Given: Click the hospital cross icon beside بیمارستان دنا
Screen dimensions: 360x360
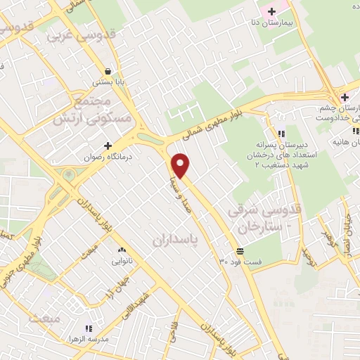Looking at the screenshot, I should (x=271, y=11).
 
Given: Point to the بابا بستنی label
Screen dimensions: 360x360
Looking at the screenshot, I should (x=110, y=82).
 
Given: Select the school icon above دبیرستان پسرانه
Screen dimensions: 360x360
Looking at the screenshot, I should (x=281, y=134).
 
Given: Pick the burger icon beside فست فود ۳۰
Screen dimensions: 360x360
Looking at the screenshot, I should (x=240, y=251).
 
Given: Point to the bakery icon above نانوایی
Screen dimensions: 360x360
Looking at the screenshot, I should (x=122, y=250).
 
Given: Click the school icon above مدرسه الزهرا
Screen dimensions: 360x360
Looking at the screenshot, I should (x=88, y=328).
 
